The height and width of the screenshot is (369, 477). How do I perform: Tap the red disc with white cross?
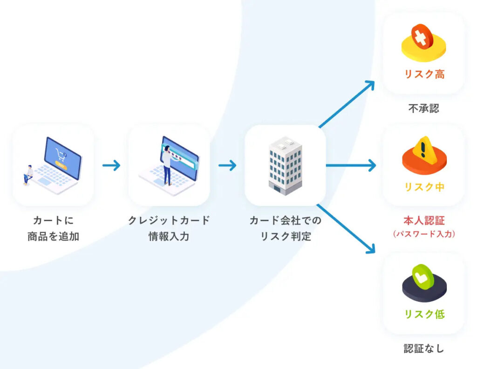pyautogui.click(x=421, y=36)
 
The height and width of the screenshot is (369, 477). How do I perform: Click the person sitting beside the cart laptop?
pyautogui.click(x=29, y=175)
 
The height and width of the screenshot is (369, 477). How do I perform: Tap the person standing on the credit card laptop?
pyautogui.click(x=167, y=165)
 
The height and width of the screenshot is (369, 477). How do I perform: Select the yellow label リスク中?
pyautogui.click(x=424, y=187)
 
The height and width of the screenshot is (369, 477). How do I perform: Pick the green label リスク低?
pyautogui.click(x=424, y=314)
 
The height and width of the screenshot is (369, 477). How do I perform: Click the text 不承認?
pyautogui.click(x=424, y=109)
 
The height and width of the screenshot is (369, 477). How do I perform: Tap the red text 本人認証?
pyautogui.click(x=424, y=220)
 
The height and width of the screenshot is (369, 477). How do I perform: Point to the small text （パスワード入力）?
pyautogui.click(x=424, y=234)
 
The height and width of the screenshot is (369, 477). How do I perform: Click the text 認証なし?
pyautogui.click(x=424, y=348)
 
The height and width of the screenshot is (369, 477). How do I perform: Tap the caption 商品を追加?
pyautogui.click(x=53, y=236)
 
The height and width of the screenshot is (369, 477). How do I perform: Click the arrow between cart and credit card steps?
pyautogui.click(x=111, y=165)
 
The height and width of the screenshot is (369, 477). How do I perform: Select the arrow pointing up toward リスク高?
pyautogui.click(x=347, y=103)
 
